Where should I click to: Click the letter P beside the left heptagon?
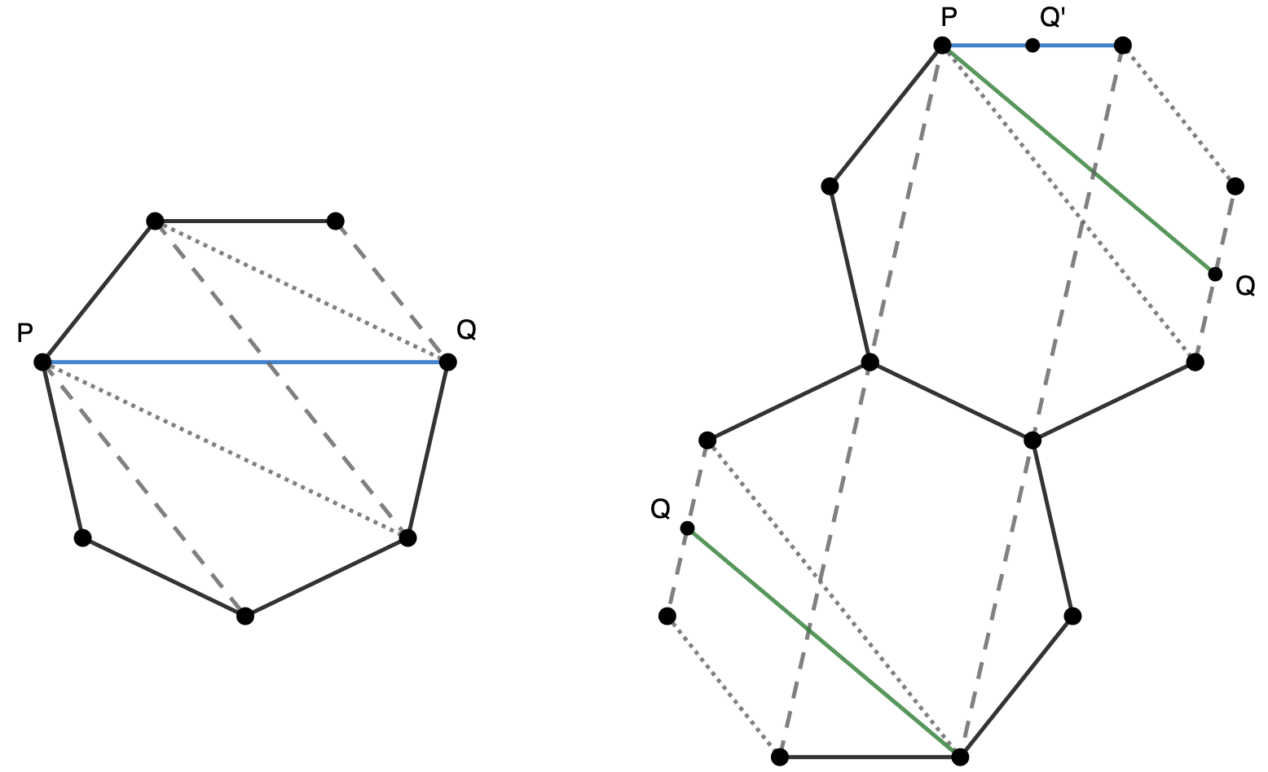pos(25,333)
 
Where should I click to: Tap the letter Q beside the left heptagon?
pos(466,330)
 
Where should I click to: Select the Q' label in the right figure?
pos(1053,18)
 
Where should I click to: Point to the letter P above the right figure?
pos(948,18)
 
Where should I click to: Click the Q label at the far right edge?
pos(1245,285)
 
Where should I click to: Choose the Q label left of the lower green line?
pos(660,510)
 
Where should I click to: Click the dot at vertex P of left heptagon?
pos(43,362)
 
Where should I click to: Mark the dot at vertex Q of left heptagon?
pos(447,362)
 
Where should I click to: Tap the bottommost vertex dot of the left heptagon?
pos(244,616)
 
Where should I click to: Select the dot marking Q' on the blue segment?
pos(1032,45)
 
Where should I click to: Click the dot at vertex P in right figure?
pos(942,45)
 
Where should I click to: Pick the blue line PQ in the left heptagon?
pos(244,362)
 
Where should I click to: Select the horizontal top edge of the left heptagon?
pos(244,221)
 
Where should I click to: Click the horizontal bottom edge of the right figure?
pos(870,757)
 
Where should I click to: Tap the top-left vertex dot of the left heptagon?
pos(155,221)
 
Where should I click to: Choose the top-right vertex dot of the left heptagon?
pos(335,221)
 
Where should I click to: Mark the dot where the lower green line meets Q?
pos(687,529)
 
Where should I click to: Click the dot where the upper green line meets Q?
pos(1215,274)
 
